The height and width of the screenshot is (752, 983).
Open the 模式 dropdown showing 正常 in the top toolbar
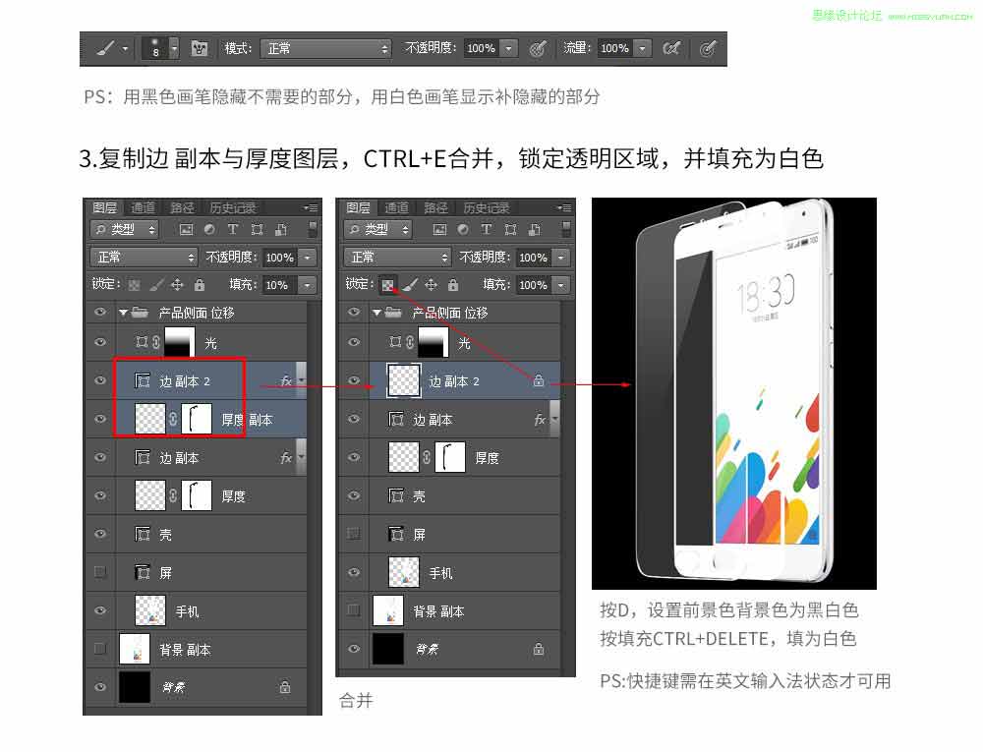[327, 48]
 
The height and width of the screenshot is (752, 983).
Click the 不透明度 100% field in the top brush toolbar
[481, 48]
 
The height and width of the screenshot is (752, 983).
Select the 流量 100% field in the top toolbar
[614, 48]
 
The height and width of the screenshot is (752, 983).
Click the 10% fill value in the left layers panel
[277, 285]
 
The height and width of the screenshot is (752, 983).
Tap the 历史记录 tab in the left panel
[232, 208]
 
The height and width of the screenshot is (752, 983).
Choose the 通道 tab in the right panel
[396, 208]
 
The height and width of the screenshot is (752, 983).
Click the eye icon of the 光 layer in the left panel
[99, 343]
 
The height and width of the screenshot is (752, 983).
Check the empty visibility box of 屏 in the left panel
[99, 572]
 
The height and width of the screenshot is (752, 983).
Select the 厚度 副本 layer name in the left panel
[247, 420]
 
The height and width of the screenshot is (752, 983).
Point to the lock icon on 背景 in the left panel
[284, 687]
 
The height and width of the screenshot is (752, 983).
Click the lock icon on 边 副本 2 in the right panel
[538, 381]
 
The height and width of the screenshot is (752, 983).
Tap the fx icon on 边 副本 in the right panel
[540, 420]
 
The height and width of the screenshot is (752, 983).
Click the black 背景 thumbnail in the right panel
[389, 649]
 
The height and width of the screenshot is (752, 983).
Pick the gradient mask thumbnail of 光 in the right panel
[434, 343]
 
